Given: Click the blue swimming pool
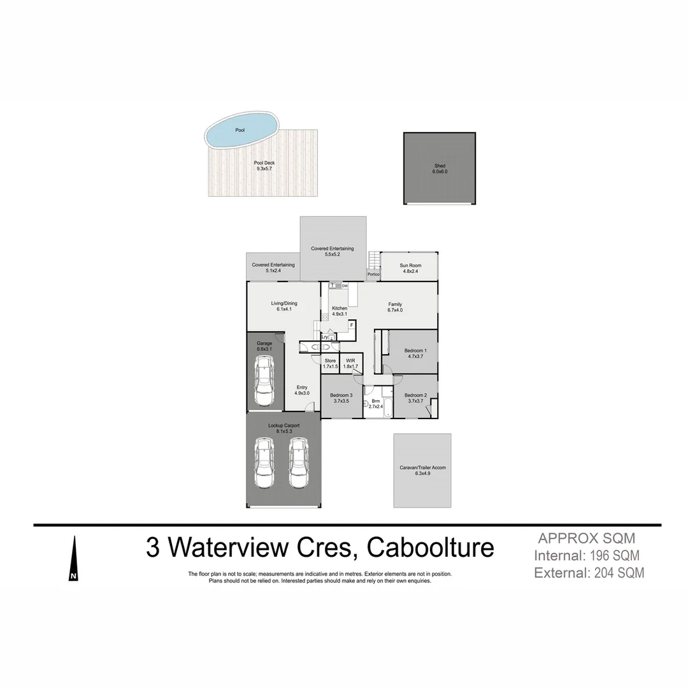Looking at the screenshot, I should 241,131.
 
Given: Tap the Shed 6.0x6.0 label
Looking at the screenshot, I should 440,169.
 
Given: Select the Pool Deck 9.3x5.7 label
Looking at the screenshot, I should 264,166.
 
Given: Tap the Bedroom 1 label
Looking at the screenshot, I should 415,354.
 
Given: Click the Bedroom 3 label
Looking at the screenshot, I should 341,398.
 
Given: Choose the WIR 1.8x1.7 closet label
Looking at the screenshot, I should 350,364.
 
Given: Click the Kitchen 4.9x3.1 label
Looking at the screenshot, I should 340,311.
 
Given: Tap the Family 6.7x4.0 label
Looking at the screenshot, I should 395,307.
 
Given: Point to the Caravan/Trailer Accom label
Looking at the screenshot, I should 422,470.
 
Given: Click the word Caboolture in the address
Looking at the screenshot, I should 431,547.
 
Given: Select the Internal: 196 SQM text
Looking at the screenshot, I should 587,555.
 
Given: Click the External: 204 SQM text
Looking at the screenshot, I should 589,573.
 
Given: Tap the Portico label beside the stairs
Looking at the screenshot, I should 373,275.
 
